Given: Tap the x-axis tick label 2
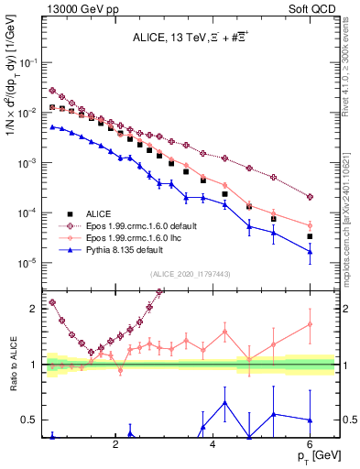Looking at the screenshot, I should (x=115, y=444).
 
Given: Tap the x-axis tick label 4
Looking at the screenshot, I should (x=213, y=444).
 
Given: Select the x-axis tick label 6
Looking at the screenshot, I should (x=310, y=444).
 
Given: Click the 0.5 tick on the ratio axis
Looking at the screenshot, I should (x=31, y=420).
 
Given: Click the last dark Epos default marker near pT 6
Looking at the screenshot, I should (x=310, y=196).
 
